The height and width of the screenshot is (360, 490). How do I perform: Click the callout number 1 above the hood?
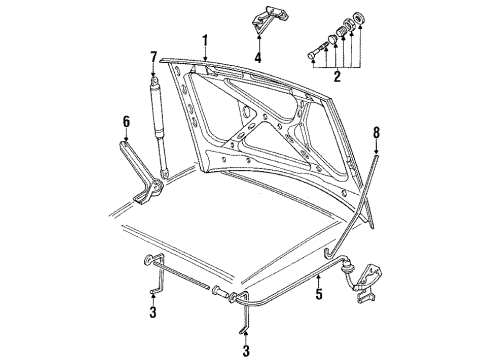click(205, 42)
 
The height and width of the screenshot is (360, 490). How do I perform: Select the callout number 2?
click(337, 76)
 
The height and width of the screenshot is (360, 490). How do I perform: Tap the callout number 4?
click(258, 57)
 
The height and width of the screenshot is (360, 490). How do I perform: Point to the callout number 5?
click(319, 294)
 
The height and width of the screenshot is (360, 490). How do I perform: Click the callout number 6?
click(126, 122)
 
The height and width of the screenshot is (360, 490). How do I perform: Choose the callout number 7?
click(153, 57)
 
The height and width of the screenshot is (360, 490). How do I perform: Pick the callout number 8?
click(376, 133)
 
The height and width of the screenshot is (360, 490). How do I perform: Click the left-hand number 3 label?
click(153, 312)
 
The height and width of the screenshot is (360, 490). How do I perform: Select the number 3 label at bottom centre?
click(246, 351)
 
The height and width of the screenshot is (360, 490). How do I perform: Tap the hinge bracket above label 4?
click(269, 20)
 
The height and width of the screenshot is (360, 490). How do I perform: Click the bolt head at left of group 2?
click(313, 54)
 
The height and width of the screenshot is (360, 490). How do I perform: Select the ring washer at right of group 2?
click(359, 17)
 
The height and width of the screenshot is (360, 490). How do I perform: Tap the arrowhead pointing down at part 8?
click(376, 152)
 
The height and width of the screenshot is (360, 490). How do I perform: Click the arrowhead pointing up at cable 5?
click(319, 276)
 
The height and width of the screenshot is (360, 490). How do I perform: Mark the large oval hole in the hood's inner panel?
click(247, 112)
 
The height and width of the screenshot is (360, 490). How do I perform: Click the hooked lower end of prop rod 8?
click(329, 253)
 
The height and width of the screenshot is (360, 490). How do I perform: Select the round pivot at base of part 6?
click(157, 189)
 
